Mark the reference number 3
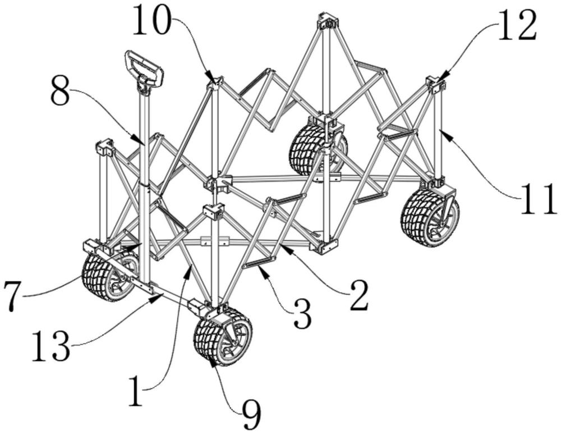(x=302, y=314)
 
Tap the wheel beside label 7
(x=109, y=275)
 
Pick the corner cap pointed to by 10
(x=216, y=83)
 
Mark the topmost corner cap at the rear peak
(x=328, y=21)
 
